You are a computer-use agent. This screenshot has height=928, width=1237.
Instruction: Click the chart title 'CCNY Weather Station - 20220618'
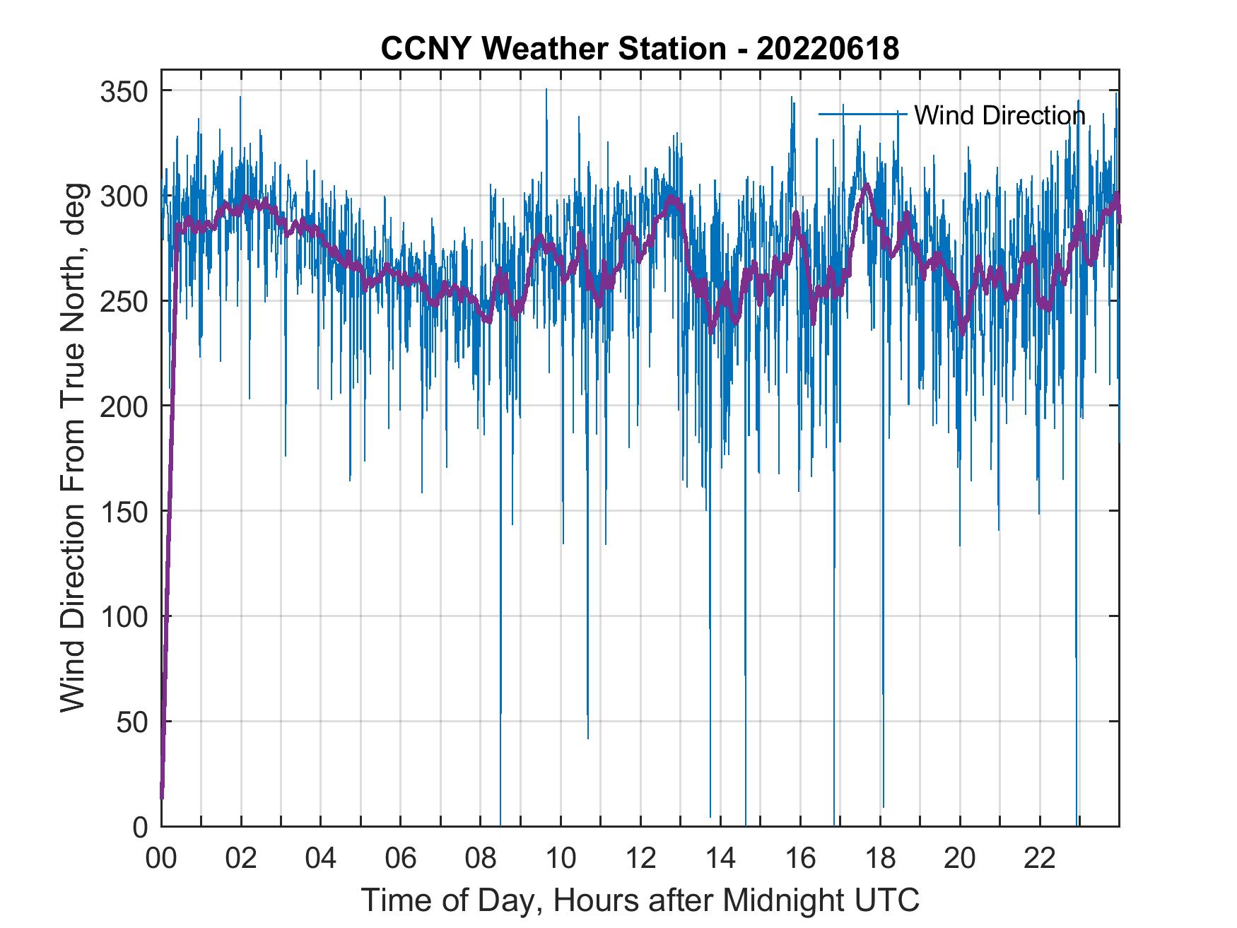640,49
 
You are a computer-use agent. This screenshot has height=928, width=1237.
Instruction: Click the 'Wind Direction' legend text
999,115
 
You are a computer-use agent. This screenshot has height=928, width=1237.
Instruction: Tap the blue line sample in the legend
862,113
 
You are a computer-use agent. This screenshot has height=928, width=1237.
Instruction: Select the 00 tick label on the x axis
161,859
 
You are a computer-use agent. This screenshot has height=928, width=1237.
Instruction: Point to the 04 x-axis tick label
321,859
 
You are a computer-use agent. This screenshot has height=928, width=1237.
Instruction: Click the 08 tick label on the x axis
481,859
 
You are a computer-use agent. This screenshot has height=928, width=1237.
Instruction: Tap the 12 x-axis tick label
640,859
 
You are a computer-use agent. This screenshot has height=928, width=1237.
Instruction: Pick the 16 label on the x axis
800,859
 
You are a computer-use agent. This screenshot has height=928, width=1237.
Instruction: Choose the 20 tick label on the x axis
960,859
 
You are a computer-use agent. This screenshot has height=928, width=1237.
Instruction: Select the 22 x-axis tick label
1040,859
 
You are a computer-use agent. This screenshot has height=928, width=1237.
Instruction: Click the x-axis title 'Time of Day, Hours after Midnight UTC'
640,900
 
